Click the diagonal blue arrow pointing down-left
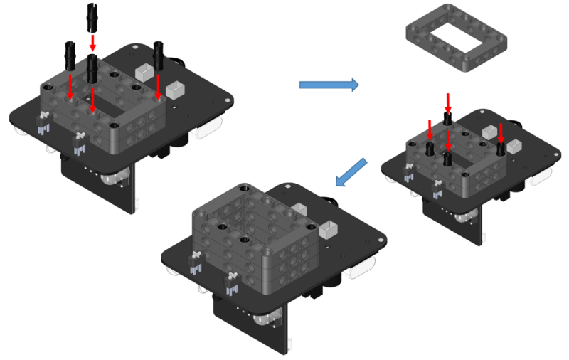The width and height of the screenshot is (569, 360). pyautogui.click(x=351, y=174)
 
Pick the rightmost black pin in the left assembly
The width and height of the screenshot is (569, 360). pyautogui.click(x=159, y=55)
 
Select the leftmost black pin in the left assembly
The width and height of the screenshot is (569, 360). pyautogui.click(x=70, y=54)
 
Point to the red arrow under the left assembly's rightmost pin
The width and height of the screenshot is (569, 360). pyautogui.click(x=158, y=87)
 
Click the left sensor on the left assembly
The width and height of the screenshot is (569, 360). pyautogui.click(x=43, y=123)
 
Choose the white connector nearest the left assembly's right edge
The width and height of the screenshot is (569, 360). pyautogui.click(x=175, y=91)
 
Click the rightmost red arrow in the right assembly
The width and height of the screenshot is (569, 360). pyautogui.click(x=501, y=133)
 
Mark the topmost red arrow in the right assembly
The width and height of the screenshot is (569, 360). pyautogui.click(x=447, y=100)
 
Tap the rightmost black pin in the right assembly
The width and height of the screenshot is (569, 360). pyautogui.click(x=501, y=148)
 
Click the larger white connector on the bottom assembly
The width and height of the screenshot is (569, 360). pyautogui.click(x=329, y=231)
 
